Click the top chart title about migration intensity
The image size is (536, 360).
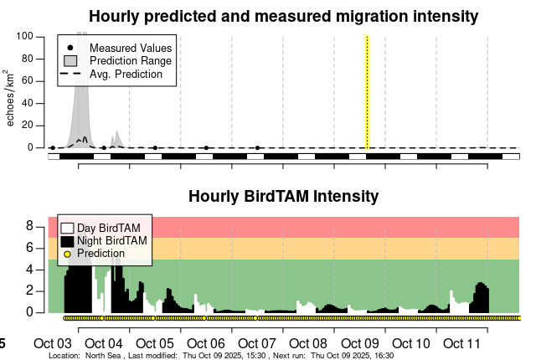[283, 16]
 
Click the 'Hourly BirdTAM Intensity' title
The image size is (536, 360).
[283, 197]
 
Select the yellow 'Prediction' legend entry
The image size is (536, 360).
[100, 253]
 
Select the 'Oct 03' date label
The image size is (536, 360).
[53, 344]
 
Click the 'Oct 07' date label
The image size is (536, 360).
[257, 344]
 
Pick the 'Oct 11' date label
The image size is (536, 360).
[461, 344]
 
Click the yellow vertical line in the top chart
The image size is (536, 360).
[367, 92]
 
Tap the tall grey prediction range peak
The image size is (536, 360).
[81, 84]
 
